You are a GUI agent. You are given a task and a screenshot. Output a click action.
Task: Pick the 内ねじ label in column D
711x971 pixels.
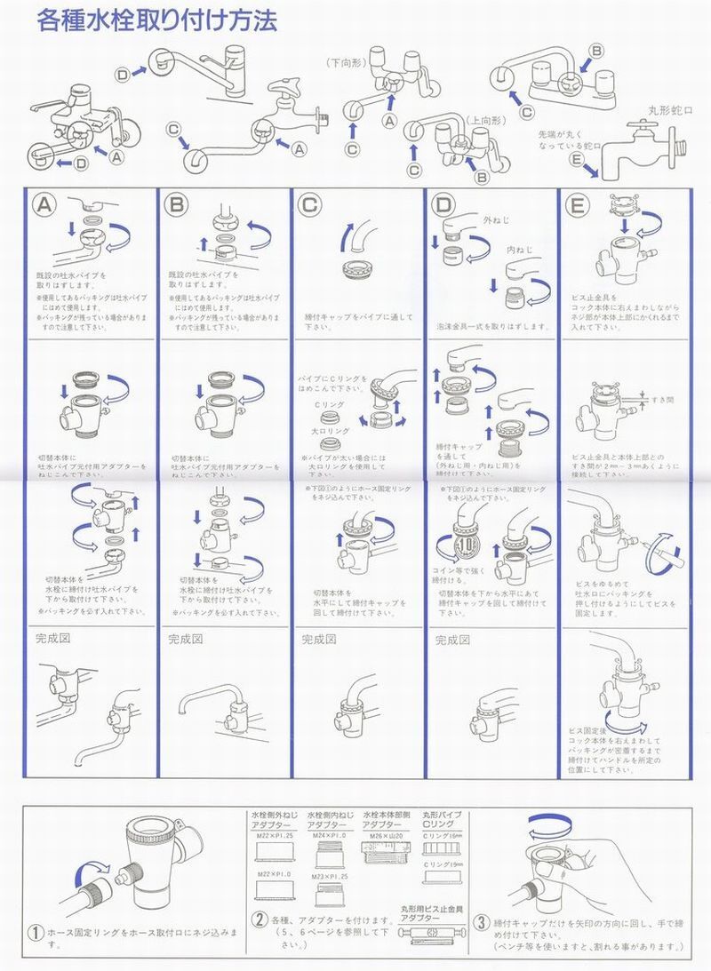point(518,251)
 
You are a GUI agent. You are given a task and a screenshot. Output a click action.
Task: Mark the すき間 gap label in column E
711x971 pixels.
point(661,400)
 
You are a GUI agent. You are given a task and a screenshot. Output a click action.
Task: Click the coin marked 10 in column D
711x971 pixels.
point(468,544)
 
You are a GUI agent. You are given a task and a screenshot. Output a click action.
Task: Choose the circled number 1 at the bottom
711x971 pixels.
point(36,933)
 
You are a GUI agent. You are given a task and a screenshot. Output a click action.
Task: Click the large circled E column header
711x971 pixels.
point(577,204)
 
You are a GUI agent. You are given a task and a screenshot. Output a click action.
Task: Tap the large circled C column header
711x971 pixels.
point(309,204)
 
